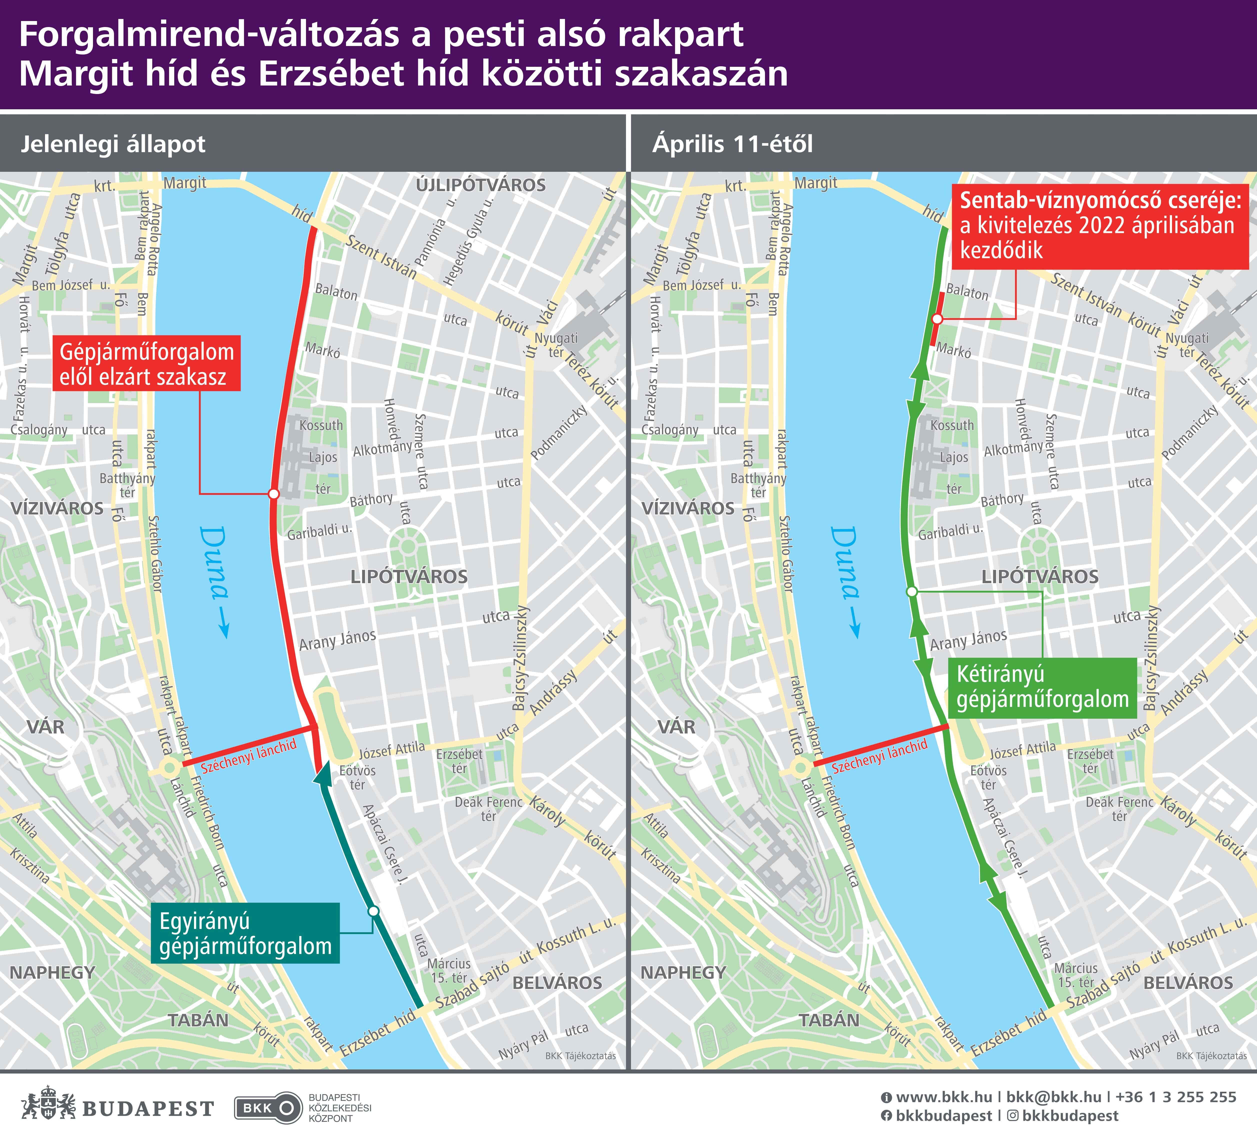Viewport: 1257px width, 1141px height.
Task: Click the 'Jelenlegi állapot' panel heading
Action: pos(113,144)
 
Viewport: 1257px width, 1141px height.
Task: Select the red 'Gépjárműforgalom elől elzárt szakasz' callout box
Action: pos(146,364)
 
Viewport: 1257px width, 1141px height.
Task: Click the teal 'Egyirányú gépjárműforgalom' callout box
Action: pos(245,933)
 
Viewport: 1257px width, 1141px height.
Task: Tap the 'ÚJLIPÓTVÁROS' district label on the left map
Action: pos(481,185)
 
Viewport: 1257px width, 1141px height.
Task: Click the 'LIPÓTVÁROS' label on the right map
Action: pos(1040,577)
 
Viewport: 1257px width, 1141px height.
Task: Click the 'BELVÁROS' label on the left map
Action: pos(557,983)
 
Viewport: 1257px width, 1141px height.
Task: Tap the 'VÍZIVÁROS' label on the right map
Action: pos(688,508)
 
